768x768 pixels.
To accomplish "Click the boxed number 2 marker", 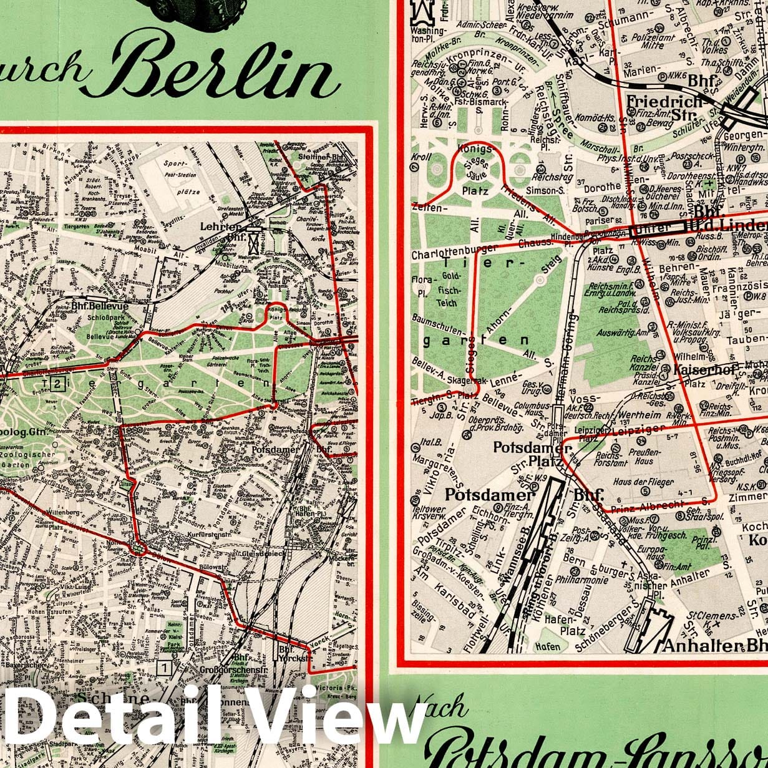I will coord(57,383).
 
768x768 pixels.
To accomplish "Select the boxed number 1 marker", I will coord(164,668).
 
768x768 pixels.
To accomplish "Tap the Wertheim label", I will coord(639,415).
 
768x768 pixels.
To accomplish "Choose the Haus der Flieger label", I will coord(643,482).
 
